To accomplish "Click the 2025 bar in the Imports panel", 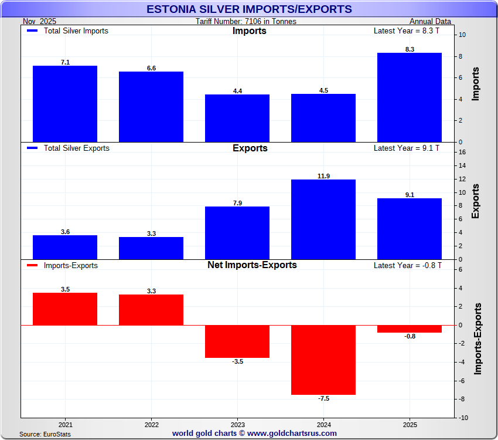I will pos(409,97).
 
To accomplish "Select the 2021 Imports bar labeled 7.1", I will pos(65,104).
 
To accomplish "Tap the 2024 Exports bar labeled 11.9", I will pos(323,219).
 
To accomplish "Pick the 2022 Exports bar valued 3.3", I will pos(151,248).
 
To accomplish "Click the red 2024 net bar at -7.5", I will pos(323,360).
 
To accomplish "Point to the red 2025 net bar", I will pos(409,329).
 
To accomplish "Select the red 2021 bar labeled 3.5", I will pos(65,309).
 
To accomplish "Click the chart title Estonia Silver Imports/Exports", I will pos(249,9).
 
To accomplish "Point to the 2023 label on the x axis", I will pos(237,424).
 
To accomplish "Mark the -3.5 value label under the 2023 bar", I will pos(237,362).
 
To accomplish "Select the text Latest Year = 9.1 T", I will pos(406,148).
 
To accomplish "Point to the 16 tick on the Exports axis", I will pos(462,152).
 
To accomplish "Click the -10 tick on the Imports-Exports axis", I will pos(463,418).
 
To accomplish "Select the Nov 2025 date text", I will pos(39,22).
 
